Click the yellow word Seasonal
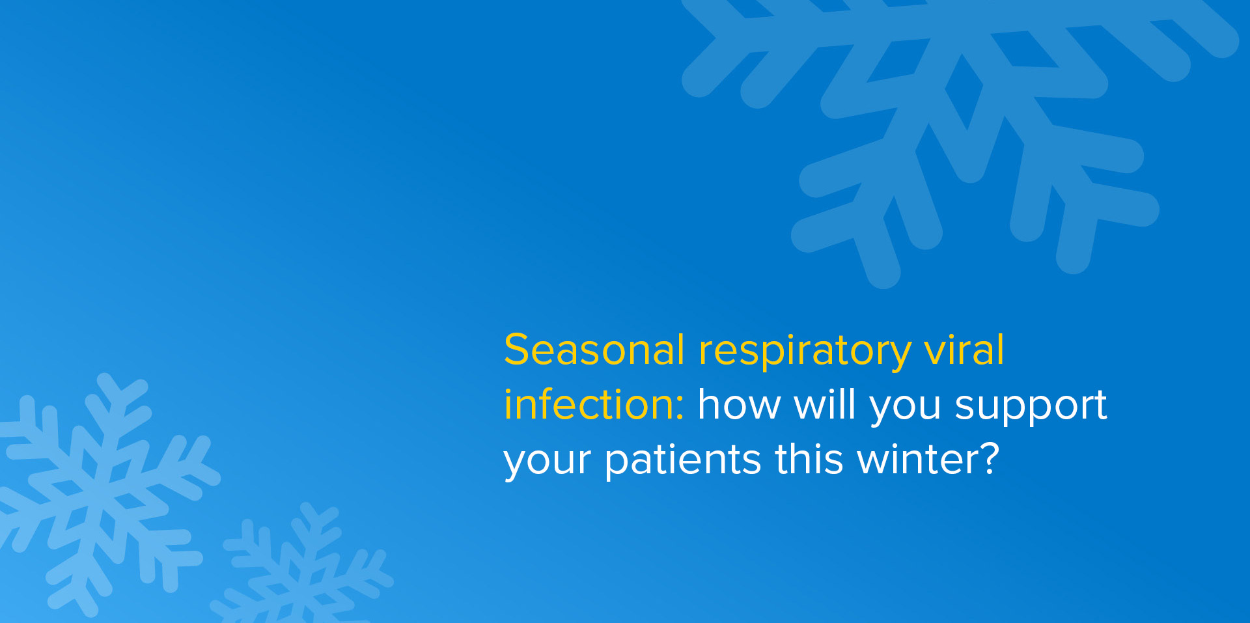click(594, 350)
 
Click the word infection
click(589, 405)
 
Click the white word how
click(738, 405)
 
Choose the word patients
click(682, 460)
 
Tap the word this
click(809, 460)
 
